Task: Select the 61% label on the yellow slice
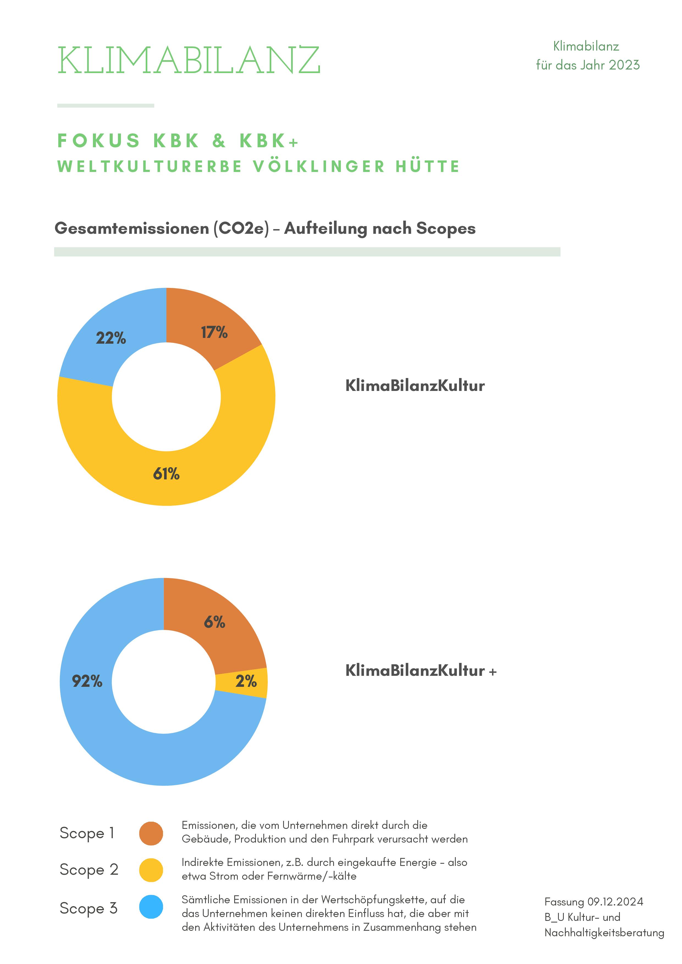coord(166,474)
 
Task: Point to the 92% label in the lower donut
coord(87,681)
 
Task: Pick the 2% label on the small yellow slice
coord(246,681)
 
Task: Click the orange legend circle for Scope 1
coord(151,834)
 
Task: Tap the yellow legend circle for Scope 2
coord(151,870)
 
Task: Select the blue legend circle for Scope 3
coord(151,907)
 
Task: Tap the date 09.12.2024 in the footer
coord(615,902)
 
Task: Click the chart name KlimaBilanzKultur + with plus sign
coord(421,671)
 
